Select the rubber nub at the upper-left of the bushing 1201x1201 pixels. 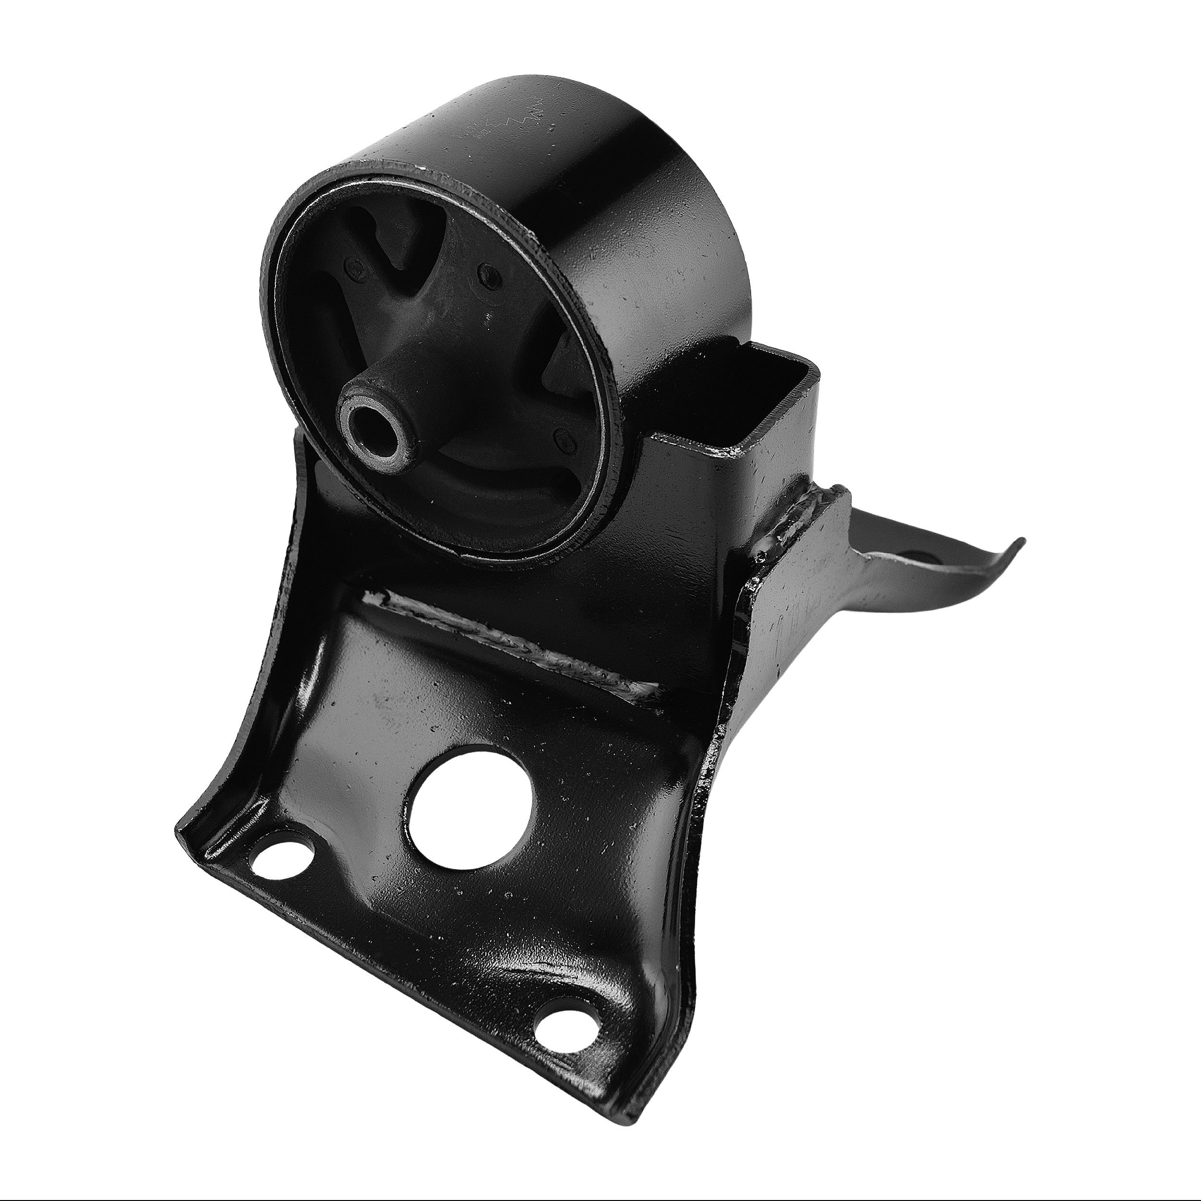point(353,269)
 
